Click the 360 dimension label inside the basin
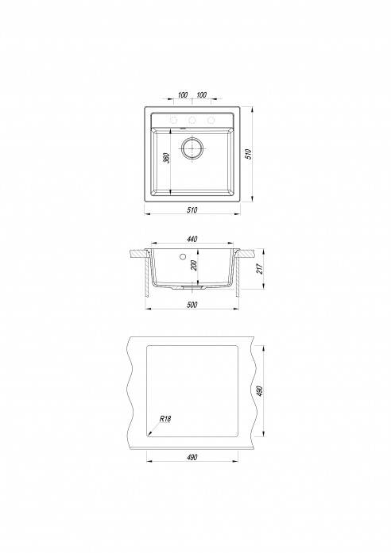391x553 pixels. pos(168,158)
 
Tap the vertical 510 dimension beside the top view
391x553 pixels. pos(249,154)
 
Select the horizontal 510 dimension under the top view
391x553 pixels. pos(192,209)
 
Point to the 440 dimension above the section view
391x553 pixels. pos(192,239)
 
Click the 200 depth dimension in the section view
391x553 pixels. pos(194,265)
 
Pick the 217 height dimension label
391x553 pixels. pos(259,269)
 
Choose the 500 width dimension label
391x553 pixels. pos(192,305)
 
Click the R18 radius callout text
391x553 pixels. pos(165,419)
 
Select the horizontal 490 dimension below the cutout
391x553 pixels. pos(192,458)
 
